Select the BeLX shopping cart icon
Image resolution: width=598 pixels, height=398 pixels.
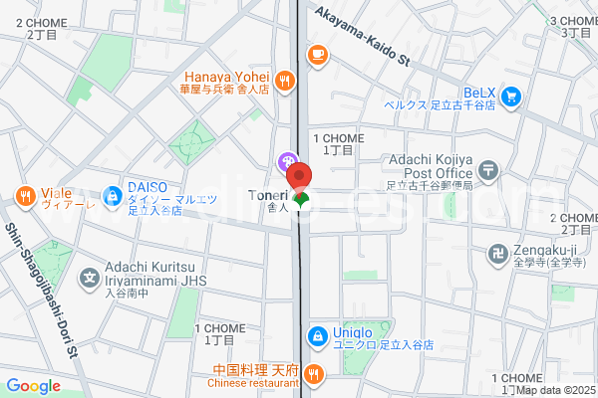511,97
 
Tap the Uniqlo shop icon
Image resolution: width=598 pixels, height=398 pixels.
317,336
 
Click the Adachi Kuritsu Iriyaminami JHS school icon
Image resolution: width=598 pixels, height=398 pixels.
90,277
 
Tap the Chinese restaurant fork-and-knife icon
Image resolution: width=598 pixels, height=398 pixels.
314,374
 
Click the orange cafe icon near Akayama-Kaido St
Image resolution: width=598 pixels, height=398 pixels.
318,55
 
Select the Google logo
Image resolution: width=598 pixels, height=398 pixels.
34,386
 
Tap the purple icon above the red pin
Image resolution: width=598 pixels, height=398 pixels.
287,159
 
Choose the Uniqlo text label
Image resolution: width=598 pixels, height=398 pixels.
354,332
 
